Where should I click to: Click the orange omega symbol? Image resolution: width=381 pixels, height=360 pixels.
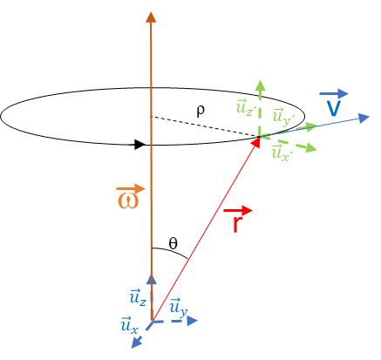click(128, 200)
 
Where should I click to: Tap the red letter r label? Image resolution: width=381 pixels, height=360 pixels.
click(236, 223)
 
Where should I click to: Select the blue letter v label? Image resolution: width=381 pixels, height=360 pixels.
click(333, 108)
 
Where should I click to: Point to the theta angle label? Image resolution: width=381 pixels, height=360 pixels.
click(173, 244)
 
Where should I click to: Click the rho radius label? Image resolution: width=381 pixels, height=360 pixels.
click(201, 110)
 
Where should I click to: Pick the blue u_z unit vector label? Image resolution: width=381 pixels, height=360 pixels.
click(138, 297)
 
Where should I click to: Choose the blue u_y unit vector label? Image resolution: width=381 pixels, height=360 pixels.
click(178, 307)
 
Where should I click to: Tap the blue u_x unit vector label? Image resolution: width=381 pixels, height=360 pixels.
click(129, 325)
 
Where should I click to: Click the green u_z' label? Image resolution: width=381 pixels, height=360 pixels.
click(245, 108)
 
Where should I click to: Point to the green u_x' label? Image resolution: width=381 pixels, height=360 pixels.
click(281, 153)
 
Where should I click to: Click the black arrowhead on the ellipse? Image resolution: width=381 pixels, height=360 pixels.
click(139, 145)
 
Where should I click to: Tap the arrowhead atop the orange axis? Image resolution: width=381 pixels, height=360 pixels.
click(151, 17)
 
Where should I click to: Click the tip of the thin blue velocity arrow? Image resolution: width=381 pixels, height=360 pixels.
click(369, 117)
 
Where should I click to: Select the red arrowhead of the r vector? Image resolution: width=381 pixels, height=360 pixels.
click(256, 141)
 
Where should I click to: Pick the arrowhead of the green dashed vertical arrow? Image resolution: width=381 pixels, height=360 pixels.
click(260, 85)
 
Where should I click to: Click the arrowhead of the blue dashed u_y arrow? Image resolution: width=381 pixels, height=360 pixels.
click(192, 321)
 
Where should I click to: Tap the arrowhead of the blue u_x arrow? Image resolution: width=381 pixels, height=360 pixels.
click(136, 343)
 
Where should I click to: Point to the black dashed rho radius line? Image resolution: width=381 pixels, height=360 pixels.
click(205, 126)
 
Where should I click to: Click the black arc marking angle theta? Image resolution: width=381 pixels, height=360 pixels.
click(172, 251)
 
